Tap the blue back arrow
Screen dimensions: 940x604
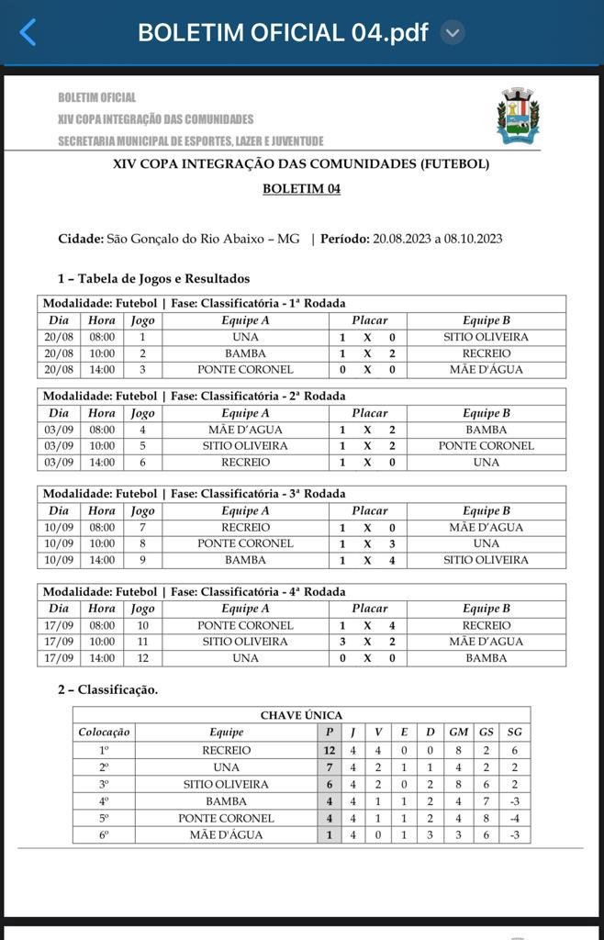(28, 33)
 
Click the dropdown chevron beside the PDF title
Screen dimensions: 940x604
(452, 33)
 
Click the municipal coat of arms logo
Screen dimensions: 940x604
(518, 116)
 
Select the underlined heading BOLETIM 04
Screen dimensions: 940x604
(301, 188)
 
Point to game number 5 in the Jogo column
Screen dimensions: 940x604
(142, 446)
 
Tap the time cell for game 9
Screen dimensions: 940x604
(102, 560)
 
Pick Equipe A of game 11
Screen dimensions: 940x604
(245, 642)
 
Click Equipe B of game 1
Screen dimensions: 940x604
(486, 337)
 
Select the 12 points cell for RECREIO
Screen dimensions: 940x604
(330, 750)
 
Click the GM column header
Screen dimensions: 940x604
(458, 732)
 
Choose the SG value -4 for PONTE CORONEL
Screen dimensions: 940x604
(514, 818)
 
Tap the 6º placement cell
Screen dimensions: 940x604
(104, 835)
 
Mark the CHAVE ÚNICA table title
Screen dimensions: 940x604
(301, 715)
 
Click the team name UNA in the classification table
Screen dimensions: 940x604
(226, 767)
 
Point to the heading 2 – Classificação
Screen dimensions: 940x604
(107, 689)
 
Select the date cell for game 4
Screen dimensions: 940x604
(59, 430)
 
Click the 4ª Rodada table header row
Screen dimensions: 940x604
(301, 592)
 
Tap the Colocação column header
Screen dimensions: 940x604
(104, 732)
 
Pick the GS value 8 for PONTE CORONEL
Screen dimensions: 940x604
(486, 818)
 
